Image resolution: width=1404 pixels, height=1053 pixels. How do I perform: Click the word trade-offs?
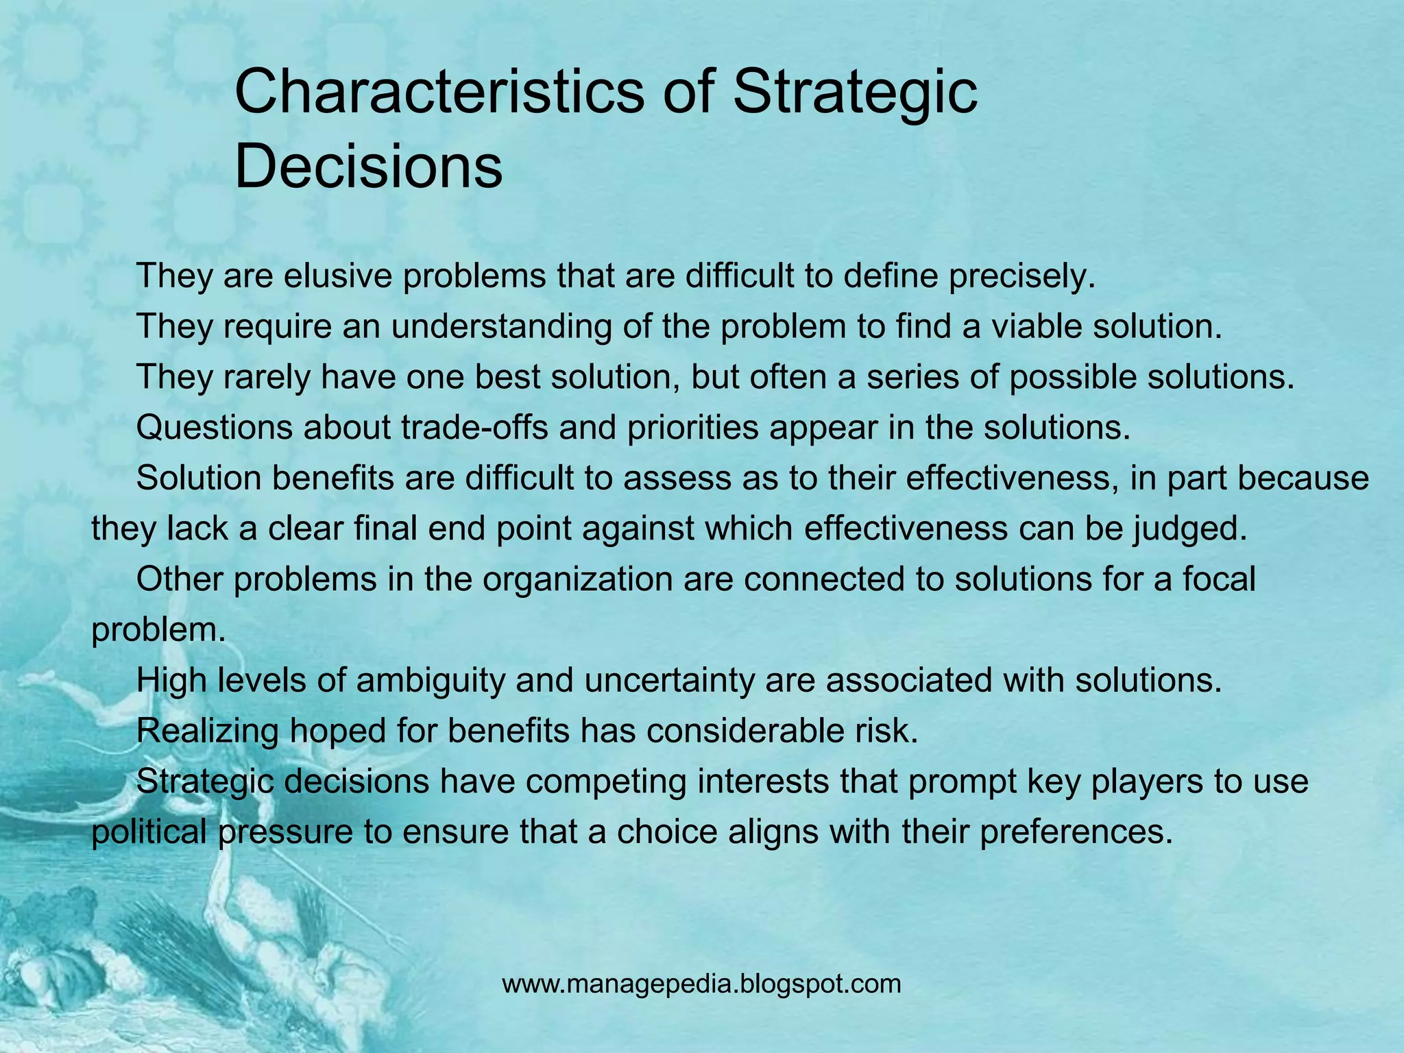pyautogui.click(x=474, y=428)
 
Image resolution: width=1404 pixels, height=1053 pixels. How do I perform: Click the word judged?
pyautogui.click(x=1188, y=529)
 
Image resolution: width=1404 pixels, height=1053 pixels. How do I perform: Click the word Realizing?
pyautogui.click(x=208, y=731)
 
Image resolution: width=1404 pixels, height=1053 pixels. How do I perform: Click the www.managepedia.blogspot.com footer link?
pyautogui.click(x=701, y=984)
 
